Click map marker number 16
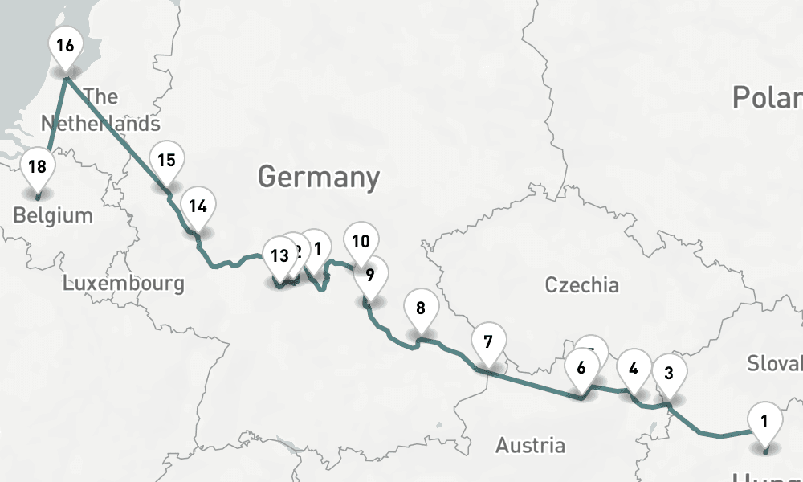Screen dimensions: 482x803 pyautogui.click(x=65, y=47)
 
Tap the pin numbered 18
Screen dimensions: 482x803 pyautogui.click(x=37, y=168)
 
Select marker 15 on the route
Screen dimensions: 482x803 pyautogui.click(x=166, y=161)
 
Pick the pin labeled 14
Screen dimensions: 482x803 pyautogui.click(x=198, y=206)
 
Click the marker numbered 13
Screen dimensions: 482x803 pyautogui.click(x=279, y=257)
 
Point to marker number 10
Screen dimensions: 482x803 pyautogui.click(x=361, y=241)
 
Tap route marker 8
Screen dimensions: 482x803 pyautogui.click(x=421, y=308)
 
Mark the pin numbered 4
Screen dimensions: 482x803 pyautogui.click(x=634, y=370)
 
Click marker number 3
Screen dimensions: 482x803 pyautogui.click(x=669, y=373)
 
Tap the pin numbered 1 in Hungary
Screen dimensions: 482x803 pyautogui.click(x=764, y=421)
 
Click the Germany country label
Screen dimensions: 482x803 pyautogui.click(x=318, y=176)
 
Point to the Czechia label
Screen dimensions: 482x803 pyautogui.click(x=582, y=284)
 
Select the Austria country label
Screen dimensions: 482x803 pyautogui.click(x=530, y=445)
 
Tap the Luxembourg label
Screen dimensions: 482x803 pyautogui.click(x=124, y=283)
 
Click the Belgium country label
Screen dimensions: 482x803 pyautogui.click(x=53, y=215)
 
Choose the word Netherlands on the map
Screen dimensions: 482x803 pyautogui.click(x=100, y=124)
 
